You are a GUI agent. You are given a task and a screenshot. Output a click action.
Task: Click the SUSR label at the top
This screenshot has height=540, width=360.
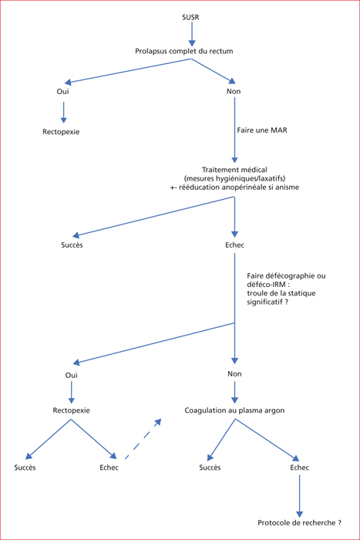pyautogui.click(x=190, y=17)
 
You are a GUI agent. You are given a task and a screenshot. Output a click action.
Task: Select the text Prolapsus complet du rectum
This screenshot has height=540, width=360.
pyautogui.click(x=183, y=52)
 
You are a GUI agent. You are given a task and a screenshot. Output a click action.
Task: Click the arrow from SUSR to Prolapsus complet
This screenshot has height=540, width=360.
pyautogui.click(x=192, y=34)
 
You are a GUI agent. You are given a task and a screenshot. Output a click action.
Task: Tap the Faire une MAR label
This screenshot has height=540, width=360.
pyautogui.click(x=262, y=130)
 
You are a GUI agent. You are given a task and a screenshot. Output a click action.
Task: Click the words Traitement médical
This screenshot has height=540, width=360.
pyautogui.click(x=234, y=170)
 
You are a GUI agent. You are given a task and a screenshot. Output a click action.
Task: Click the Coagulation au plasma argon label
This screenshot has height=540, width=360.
pyautogui.click(x=234, y=410)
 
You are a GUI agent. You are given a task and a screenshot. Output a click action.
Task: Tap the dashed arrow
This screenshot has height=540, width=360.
pyautogui.click(x=143, y=439)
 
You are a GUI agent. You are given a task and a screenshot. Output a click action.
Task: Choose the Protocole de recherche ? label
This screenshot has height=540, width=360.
pyautogui.click(x=299, y=523)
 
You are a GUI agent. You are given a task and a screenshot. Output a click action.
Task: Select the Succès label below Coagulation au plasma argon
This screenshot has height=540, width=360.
pyautogui.click(x=210, y=467)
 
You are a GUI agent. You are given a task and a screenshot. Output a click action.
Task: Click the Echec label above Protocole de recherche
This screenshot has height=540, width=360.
pyautogui.click(x=299, y=467)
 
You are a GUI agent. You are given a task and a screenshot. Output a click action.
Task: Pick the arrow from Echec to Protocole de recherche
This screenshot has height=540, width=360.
pyautogui.click(x=299, y=496)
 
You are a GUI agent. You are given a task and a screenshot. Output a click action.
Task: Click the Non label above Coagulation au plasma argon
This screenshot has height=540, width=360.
pyautogui.click(x=234, y=374)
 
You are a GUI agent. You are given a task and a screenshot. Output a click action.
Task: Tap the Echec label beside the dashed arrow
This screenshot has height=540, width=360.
pyautogui.click(x=109, y=467)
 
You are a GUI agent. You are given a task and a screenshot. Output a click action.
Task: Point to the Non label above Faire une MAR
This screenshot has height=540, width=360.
pyautogui.click(x=234, y=91)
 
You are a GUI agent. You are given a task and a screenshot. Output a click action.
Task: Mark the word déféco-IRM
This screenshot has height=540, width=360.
pyautogui.click(x=264, y=285)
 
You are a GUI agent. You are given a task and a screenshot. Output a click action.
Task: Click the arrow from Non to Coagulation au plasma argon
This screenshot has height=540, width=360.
pyautogui.click(x=234, y=393)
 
